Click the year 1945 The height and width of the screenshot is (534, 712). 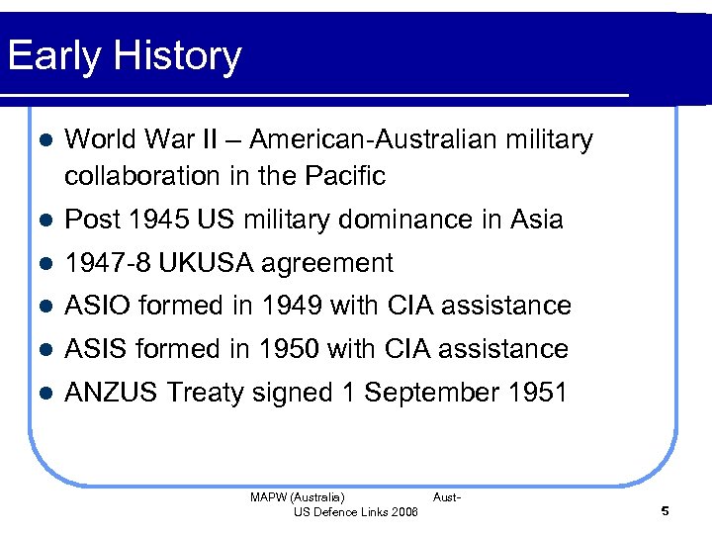[x=156, y=220]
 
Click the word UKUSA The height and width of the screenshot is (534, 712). [x=206, y=263]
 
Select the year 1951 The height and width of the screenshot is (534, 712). [x=538, y=393]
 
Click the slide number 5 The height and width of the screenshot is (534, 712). [x=666, y=511]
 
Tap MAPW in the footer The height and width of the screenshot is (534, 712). [x=266, y=497]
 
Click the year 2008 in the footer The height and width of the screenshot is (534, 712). [x=404, y=511]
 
